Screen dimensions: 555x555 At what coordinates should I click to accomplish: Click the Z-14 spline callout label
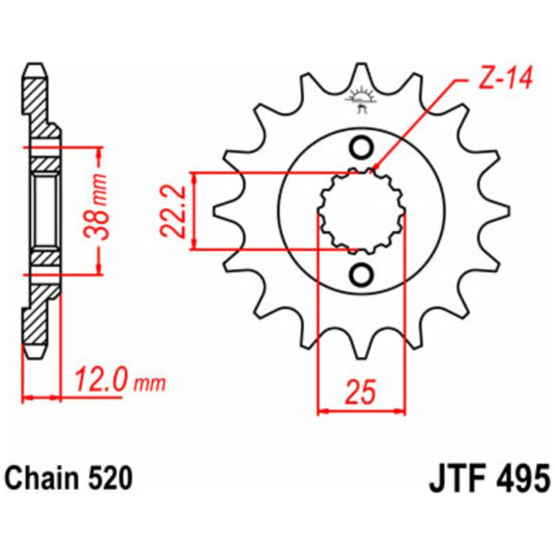point(505,78)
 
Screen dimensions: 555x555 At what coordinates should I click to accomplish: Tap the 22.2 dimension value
point(173,211)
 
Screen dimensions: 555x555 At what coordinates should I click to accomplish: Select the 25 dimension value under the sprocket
point(360,392)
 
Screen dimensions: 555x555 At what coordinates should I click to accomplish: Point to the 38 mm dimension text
point(96,207)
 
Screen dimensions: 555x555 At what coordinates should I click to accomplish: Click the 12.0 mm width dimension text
point(119,379)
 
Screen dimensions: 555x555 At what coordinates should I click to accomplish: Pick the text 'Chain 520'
point(69,479)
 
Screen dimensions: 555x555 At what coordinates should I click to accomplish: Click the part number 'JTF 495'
point(489,479)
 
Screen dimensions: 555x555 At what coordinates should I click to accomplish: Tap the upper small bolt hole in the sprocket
point(362,147)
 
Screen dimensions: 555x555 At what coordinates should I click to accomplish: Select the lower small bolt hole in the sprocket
point(362,274)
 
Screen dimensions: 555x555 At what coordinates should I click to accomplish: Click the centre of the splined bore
point(362,211)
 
